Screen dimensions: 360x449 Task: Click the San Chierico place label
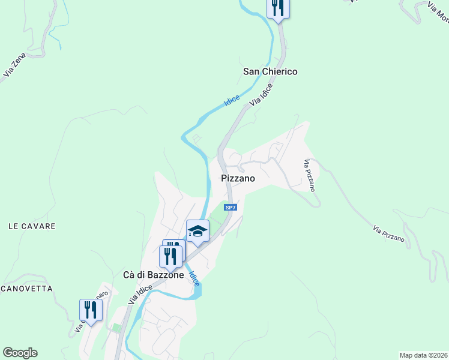[270, 71]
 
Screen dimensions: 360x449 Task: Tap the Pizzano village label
[238, 178]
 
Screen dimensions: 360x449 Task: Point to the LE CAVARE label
[32, 226]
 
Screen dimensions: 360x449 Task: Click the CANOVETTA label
[26, 289]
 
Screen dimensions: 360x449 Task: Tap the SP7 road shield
[231, 208]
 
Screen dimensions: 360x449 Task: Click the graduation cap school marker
[197, 231]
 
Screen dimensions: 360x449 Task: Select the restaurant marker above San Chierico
[278, 8]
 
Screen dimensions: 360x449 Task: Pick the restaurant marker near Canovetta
[91, 310]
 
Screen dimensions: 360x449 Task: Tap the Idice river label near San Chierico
[232, 101]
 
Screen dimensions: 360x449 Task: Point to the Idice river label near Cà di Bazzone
[194, 278]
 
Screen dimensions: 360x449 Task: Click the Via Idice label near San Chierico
[262, 95]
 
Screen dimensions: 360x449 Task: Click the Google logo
[20, 353]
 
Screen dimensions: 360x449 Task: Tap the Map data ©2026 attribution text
[424, 355]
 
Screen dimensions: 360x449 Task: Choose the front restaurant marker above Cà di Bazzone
[170, 257]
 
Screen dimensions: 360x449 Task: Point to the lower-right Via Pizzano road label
[388, 233]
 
